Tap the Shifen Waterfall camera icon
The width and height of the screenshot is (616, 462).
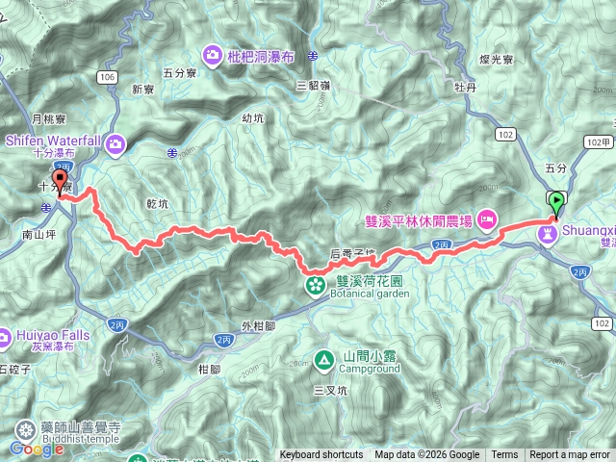point(115,144)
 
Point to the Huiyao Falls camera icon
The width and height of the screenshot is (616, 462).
point(5,337)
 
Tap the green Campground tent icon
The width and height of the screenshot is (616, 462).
point(324,360)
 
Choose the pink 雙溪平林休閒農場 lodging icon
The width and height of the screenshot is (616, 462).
point(487,220)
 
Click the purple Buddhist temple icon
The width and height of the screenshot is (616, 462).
point(22,429)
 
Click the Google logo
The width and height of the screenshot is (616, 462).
point(37,449)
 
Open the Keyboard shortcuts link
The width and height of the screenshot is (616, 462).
point(321,455)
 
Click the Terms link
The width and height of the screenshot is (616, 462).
point(504,455)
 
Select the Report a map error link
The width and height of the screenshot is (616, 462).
point(570,455)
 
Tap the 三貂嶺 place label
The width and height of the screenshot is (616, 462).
point(314,85)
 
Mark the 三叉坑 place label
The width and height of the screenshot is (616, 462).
point(329,391)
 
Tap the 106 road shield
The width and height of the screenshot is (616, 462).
point(107,76)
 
